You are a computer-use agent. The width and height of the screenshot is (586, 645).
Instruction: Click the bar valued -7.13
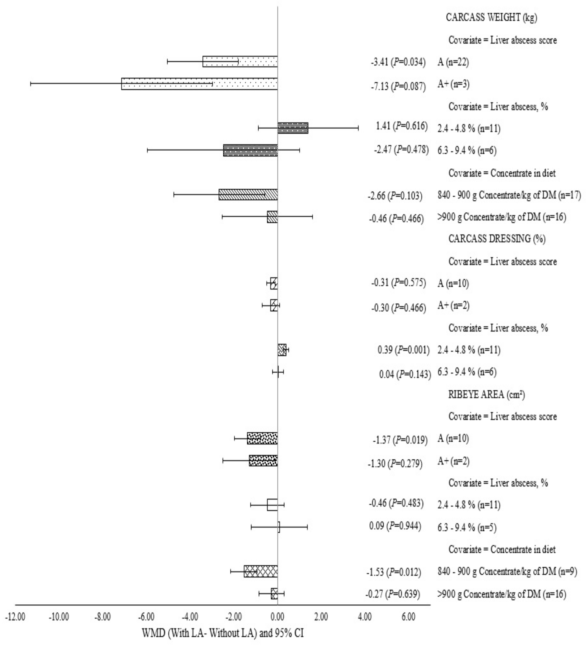click(x=199, y=84)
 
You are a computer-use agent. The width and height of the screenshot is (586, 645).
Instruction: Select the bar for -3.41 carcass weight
click(x=240, y=61)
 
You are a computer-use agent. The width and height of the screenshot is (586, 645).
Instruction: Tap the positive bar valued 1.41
click(x=293, y=128)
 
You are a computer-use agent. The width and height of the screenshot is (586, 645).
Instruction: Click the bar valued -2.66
click(x=248, y=195)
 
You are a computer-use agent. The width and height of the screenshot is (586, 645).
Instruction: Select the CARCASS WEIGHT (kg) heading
click(x=491, y=18)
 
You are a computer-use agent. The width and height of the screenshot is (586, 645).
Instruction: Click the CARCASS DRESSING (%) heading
click(x=497, y=239)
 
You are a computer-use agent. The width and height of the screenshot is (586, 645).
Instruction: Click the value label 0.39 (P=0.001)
click(x=403, y=350)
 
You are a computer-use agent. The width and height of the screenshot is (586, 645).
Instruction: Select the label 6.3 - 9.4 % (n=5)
click(x=467, y=528)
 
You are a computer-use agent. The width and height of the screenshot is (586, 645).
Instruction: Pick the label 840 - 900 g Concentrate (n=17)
click(x=509, y=195)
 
